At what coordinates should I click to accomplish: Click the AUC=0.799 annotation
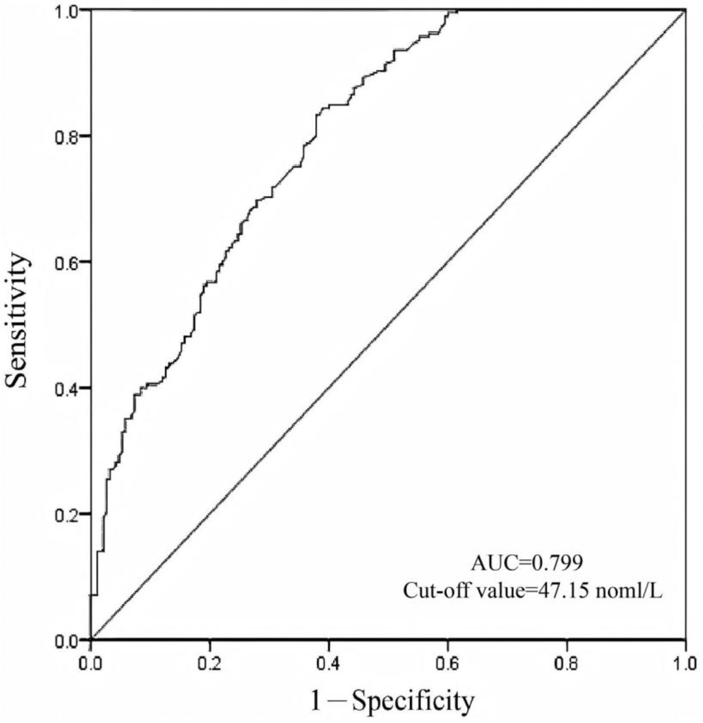(527, 563)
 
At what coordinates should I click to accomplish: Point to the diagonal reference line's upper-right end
(685, 11)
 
